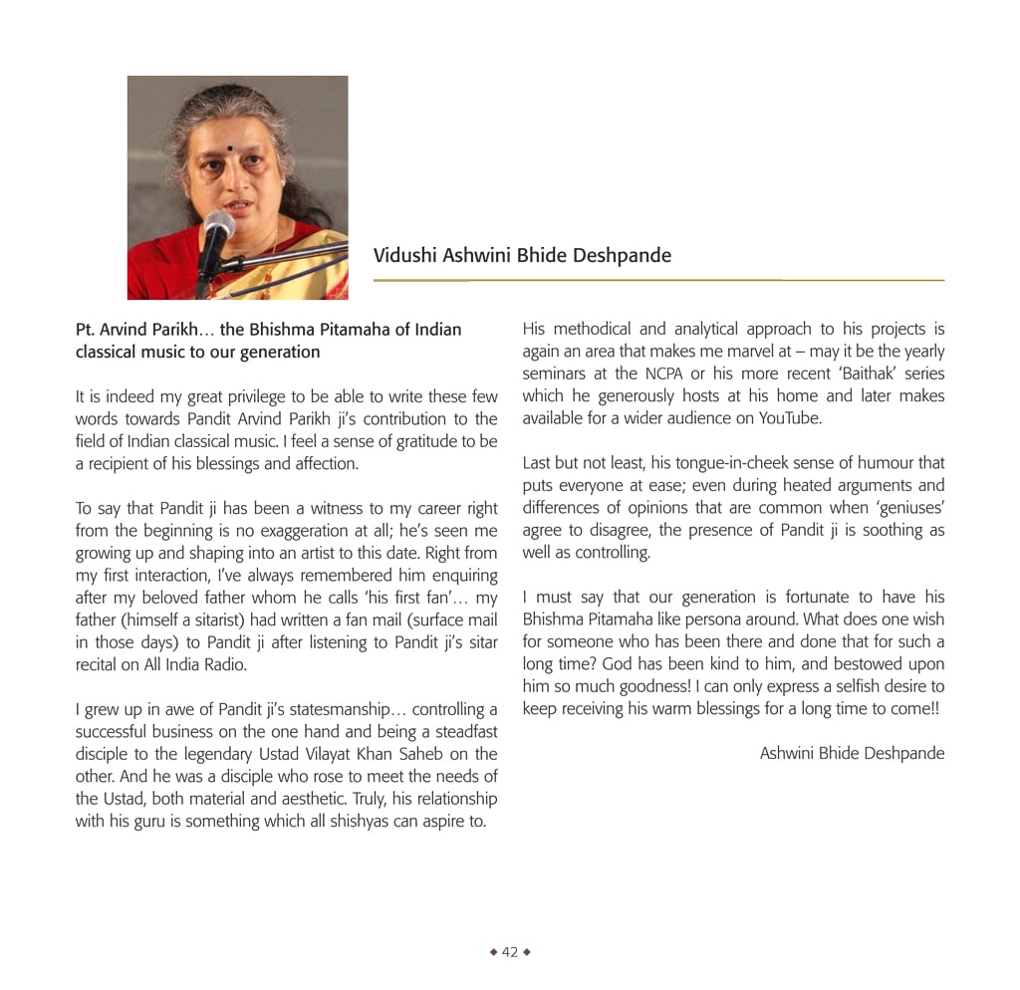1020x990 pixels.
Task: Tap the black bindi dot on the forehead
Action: (230, 149)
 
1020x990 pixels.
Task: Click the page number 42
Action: (510, 952)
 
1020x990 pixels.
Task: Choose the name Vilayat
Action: (358, 755)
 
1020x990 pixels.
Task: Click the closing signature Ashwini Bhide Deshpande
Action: (852, 753)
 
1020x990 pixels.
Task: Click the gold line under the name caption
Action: (658, 281)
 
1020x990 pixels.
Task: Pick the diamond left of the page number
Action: (493, 952)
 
